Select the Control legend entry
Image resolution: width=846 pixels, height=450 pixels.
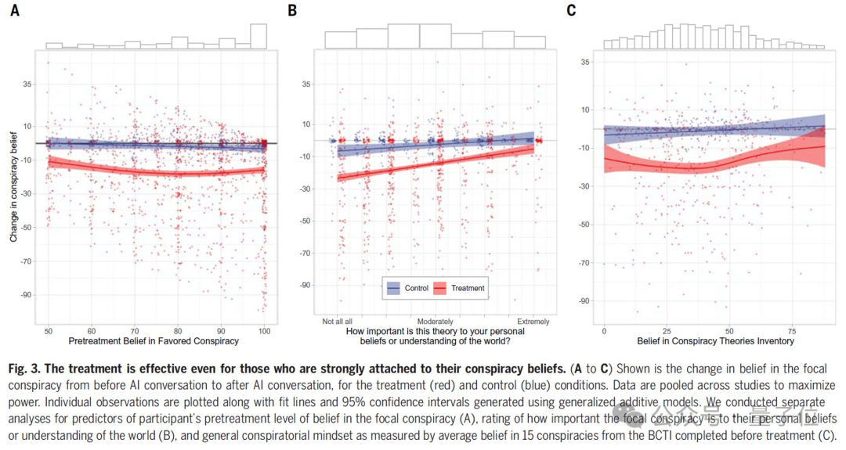[408, 288]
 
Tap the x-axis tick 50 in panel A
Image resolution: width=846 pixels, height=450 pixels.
[49, 331]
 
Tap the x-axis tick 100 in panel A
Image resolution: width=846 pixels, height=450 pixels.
[266, 331]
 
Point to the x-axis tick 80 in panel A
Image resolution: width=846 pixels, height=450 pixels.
[179, 331]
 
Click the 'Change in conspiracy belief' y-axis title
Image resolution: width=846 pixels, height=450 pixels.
[14, 185]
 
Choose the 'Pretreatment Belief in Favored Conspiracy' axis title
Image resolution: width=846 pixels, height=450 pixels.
[154, 341]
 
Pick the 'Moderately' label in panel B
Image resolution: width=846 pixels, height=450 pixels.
[436, 322]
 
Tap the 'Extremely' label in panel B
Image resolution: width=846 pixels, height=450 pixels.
[533, 322]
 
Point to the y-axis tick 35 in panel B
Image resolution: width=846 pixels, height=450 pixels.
[307, 84]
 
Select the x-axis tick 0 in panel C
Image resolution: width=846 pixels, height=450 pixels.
[604, 331]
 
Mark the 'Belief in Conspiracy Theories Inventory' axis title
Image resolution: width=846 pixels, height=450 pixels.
[715, 341]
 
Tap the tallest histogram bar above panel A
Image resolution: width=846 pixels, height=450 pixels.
[258, 36]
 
